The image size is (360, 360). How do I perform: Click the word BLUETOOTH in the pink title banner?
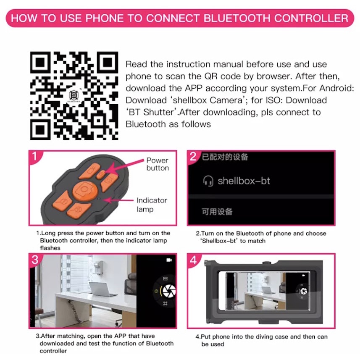tap(236, 18)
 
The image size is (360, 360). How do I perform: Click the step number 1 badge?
tap(35, 157)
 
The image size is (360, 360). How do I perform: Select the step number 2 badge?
tap(193, 157)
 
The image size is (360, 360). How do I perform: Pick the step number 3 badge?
tap(35, 260)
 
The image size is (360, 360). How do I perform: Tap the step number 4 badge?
tap(193, 260)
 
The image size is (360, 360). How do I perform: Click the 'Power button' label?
tap(158, 164)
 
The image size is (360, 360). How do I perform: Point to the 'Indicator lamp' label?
tap(152, 205)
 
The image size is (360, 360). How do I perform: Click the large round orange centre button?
tap(85, 190)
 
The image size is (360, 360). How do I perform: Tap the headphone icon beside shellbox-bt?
tap(208, 181)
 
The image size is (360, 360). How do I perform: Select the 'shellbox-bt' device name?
tap(244, 181)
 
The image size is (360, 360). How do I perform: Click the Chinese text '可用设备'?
tap(217, 211)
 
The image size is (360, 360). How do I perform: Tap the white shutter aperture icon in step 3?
tap(169, 291)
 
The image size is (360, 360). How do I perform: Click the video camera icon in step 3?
tap(169, 260)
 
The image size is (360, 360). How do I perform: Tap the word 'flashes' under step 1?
tap(50, 248)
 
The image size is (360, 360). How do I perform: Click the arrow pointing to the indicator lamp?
tap(118, 200)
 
